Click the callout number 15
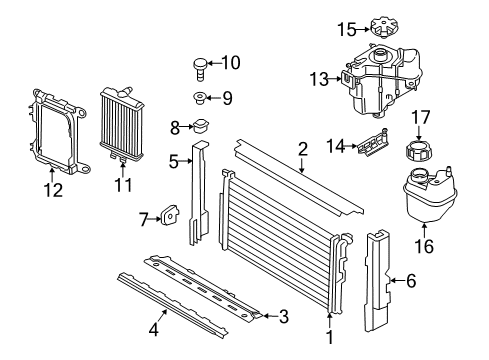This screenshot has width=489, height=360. point(347,29)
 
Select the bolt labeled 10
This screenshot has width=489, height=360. point(200,70)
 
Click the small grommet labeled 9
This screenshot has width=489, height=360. point(199,98)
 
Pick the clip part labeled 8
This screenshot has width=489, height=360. point(200,126)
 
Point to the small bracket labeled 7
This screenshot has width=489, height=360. point(170,216)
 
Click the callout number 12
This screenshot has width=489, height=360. point(53,190)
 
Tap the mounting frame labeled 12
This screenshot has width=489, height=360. point(57,132)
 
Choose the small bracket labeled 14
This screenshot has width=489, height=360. point(374,143)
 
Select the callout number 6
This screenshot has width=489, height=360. point(411,281)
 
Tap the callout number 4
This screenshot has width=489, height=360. point(153,329)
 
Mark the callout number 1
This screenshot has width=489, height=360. point(329,337)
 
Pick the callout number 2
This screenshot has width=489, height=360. point(303,149)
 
